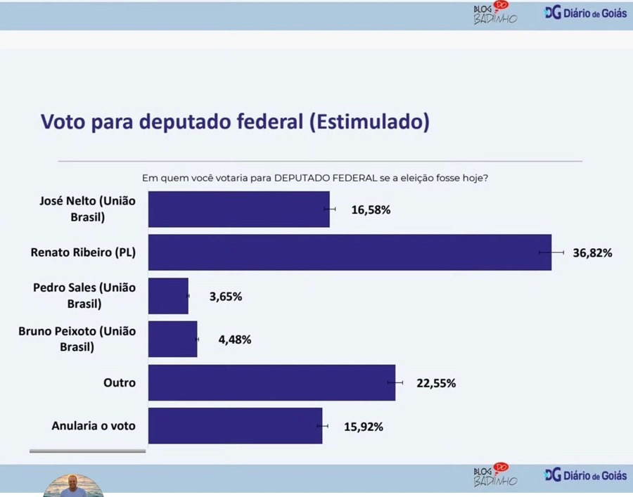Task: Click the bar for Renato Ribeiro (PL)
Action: [x=350, y=252]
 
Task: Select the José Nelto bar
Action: [x=239, y=209]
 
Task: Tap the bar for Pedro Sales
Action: [x=169, y=296]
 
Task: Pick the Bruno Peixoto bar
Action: [x=173, y=340]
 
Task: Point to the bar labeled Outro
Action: [x=271, y=383]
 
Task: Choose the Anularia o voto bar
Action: [x=235, y=426]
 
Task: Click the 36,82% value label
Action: [x=592, y=253]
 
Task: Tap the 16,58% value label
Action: [x=371, y=209]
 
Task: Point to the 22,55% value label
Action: [x=436, y=384]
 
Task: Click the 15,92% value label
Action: [x=363, y=427]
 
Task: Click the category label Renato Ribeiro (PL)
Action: [x=84, y=252]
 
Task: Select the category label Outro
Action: [x=119, y=383]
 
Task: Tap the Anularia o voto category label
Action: [x=94, y=426]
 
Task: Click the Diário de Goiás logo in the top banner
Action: [x=585, y=13]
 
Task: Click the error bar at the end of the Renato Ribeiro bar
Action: [x=551, y=252]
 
